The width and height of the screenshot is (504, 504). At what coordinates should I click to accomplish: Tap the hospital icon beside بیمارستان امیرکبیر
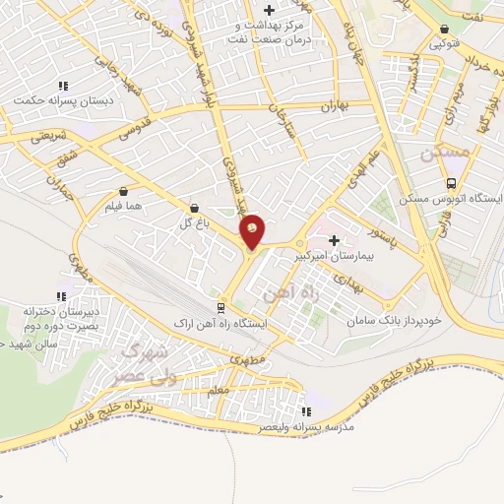click(x=334, y=239)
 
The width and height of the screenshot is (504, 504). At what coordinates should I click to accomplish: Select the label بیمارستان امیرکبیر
click(x=334, y=254)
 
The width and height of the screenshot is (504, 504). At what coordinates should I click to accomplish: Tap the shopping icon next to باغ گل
click(x=193, y=208)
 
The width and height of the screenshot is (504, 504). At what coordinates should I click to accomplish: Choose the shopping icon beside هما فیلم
click(x=123, y=191)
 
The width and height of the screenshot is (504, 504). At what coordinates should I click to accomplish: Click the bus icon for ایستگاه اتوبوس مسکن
click(x=451, y=183)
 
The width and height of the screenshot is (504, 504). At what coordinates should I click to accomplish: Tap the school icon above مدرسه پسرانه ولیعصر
click(x=305, y=411)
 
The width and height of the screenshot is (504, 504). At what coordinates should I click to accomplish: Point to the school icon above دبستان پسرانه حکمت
click(x=63, y=85)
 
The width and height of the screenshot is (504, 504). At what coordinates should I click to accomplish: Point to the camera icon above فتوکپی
click(x=447, y=29)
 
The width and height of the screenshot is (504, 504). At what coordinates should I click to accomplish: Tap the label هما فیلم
click(x=123, y=207)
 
